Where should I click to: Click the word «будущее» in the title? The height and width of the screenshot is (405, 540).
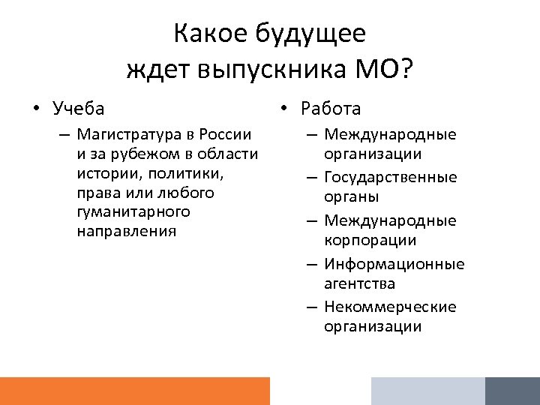coord(310,34)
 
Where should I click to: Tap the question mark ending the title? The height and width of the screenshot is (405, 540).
coord(406,70)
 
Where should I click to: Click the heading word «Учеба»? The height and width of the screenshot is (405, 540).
coord(79,109)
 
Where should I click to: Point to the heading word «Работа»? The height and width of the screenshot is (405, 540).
coord(331,109)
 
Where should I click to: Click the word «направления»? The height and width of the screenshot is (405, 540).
coord(126,231)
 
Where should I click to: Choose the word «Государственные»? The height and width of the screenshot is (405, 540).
coord(390,178)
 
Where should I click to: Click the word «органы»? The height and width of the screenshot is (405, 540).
coord(352,197)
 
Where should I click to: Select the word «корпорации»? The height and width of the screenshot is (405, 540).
coord(370,241)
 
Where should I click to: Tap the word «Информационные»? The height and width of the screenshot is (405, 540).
coord(394,264)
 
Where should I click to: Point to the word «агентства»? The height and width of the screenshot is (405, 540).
coord(359,284)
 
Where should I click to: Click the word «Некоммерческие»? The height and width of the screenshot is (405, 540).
coord(390,307)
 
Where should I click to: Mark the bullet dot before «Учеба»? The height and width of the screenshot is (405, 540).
coord(36,109)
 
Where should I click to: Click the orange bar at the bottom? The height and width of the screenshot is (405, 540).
coord(135,391)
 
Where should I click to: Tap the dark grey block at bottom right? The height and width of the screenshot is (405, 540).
coord(512,391)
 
